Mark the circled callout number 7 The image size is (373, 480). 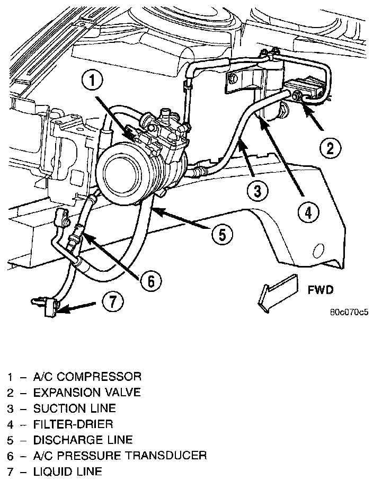tap(115, 303)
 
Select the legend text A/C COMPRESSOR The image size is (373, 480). tap(87, 377)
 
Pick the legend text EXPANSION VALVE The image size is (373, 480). tap(87, 393)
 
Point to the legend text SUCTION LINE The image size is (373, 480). tap(74, 409)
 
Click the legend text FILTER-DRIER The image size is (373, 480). tap(73, 424)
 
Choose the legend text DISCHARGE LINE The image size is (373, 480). tap(83, 440)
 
